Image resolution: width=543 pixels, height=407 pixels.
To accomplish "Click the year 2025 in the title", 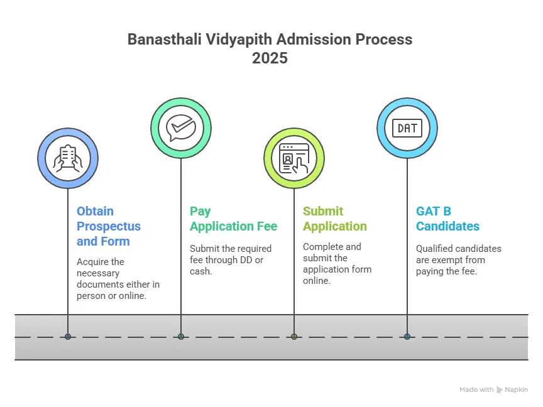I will pos(270,58).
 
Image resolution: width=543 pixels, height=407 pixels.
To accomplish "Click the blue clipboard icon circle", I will pos(68,158).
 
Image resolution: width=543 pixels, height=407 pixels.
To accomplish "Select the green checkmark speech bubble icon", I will pos(181,128).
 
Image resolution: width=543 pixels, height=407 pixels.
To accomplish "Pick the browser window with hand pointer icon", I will pos(294,158).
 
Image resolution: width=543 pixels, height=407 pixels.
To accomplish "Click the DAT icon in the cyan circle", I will pos(407,128).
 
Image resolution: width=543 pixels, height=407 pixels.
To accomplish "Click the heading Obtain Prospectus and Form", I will pos(108,226).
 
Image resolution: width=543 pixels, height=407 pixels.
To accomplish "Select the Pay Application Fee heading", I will pos(233,219).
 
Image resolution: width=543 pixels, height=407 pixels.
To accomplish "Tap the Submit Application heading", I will pos(334,219).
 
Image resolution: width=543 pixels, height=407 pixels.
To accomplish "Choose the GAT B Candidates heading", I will pos(447,219).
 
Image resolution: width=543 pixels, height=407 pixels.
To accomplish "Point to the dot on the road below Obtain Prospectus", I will pos(68,337).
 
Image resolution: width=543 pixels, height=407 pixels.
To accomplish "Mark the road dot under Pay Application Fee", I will pos(181,337).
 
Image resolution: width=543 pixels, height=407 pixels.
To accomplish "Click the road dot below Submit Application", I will pos(294,337).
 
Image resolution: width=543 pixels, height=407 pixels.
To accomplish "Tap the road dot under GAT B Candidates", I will pos(407,337).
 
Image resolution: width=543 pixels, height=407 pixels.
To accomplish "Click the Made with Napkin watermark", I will pos(493,389).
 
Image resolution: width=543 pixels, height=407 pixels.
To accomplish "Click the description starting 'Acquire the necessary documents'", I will pos(118,278).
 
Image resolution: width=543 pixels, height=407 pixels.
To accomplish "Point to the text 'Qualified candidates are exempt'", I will pos(458,260).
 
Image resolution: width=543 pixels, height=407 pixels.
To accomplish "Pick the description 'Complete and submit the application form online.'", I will pos(337,263).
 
